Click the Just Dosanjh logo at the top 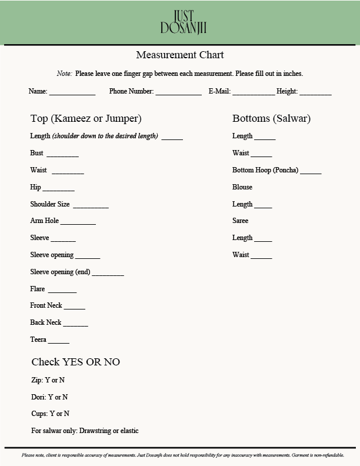click(x=183, y=22)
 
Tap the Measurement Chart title click(x=180, y=55)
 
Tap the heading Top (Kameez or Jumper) click(x=86, y=119)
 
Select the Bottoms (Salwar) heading click(x=271, y=119)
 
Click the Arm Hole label click(x=45, y=221)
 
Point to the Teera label click(x=38, y=339)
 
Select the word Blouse click(x=242, y=187)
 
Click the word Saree click(x=241, y=221)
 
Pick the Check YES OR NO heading click(x=75, y=362)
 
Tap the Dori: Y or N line click(x=49, y=397)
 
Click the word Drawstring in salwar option click(x=97, y=431)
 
